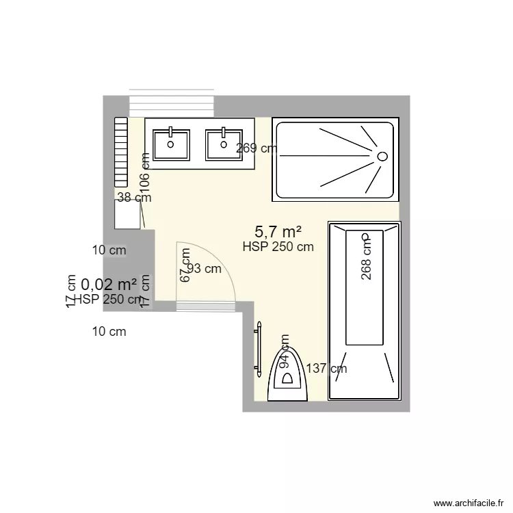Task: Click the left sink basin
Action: pyautogui.click(x=170, y=144)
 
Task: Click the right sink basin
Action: pyautogui.click(x=224, y=144)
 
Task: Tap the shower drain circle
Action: pyautogui.click(x=382, y=156)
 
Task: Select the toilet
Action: pyautogui.click(x=288, y=376)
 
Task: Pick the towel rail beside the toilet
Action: pyautogui.click(x=259, y=350)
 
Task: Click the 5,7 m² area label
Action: pyautogui.click(x=278, y=232)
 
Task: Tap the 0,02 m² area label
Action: pyautogui.click(x=108, y=284)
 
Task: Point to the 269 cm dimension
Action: pyautogui.click(x=256, y=148)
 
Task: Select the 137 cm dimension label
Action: pyautogui.click(x=326, y=369)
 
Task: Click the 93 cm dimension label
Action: pyautogui.click(x=205, y=269)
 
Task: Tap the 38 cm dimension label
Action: pyautogui.click(x=134, y=198)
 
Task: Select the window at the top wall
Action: pyautogui.click(x=172, y=103)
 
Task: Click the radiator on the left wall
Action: pyautogui.click(x=121, y=152)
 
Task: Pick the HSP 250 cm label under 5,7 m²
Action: pyautogui.click(x=278, y=247)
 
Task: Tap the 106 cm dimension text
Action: pyautogui.click(x=144, y=170)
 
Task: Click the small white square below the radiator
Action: pyautogui.click(x=127, y=214)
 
